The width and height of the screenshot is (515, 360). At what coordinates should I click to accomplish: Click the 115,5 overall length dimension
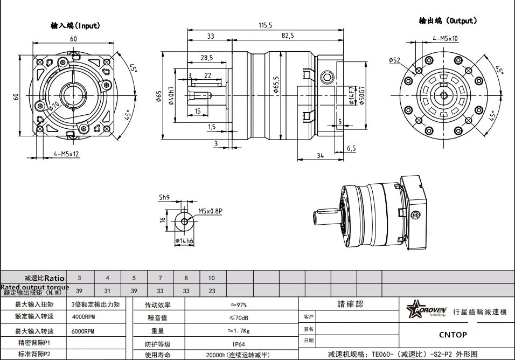click(266, 25)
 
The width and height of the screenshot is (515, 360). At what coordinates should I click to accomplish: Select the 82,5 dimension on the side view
click(287, 36)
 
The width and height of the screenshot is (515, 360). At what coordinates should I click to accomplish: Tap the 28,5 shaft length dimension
click(206, 57)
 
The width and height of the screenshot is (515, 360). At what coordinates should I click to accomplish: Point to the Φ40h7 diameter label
click(172, 97)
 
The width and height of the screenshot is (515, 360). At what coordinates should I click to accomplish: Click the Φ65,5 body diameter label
click(275, 86)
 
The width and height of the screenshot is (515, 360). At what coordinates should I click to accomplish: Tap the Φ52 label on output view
click(394, 60)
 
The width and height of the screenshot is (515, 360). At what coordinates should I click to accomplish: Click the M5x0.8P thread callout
click(210, 211)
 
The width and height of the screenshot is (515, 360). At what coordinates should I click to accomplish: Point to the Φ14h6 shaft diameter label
click(184, 241)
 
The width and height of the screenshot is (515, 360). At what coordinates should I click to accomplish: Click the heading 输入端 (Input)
click(75, 25)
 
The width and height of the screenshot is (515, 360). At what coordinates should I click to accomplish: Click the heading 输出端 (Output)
click(448, 21)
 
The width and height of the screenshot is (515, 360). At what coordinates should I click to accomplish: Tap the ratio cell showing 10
click(211, 278)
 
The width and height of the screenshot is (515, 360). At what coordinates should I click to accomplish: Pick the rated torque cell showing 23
click(211, 291)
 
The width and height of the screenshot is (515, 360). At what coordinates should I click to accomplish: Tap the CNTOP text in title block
click(453, 335)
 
